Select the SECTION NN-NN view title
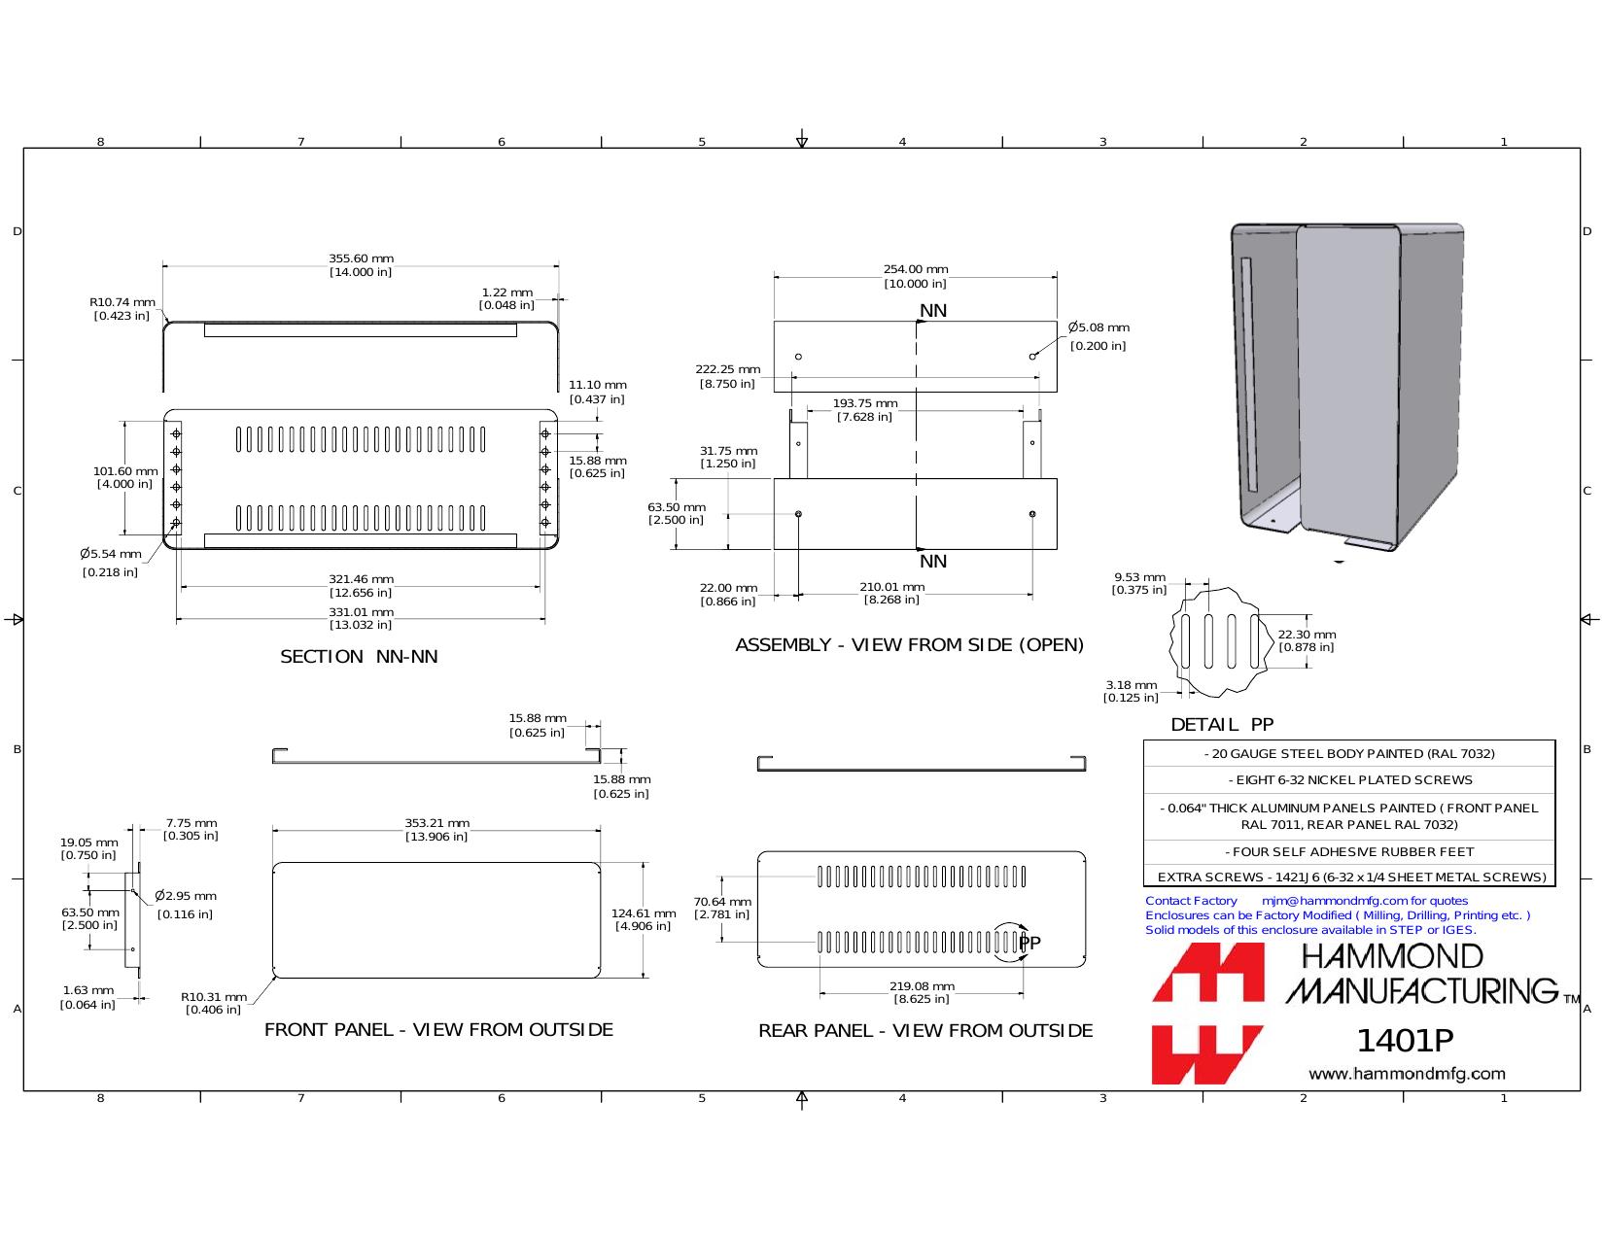click(x=359, y=657)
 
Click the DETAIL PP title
click(x=1222, y=725)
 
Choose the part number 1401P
click(x=1405, y=1041)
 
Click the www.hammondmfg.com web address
click(x=1407, y=1074)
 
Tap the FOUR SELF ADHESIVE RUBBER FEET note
click(x=1349, y=851)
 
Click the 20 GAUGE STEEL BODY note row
click(x=1349, y=753)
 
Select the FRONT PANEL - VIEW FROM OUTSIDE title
click(x=438, y=1030)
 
